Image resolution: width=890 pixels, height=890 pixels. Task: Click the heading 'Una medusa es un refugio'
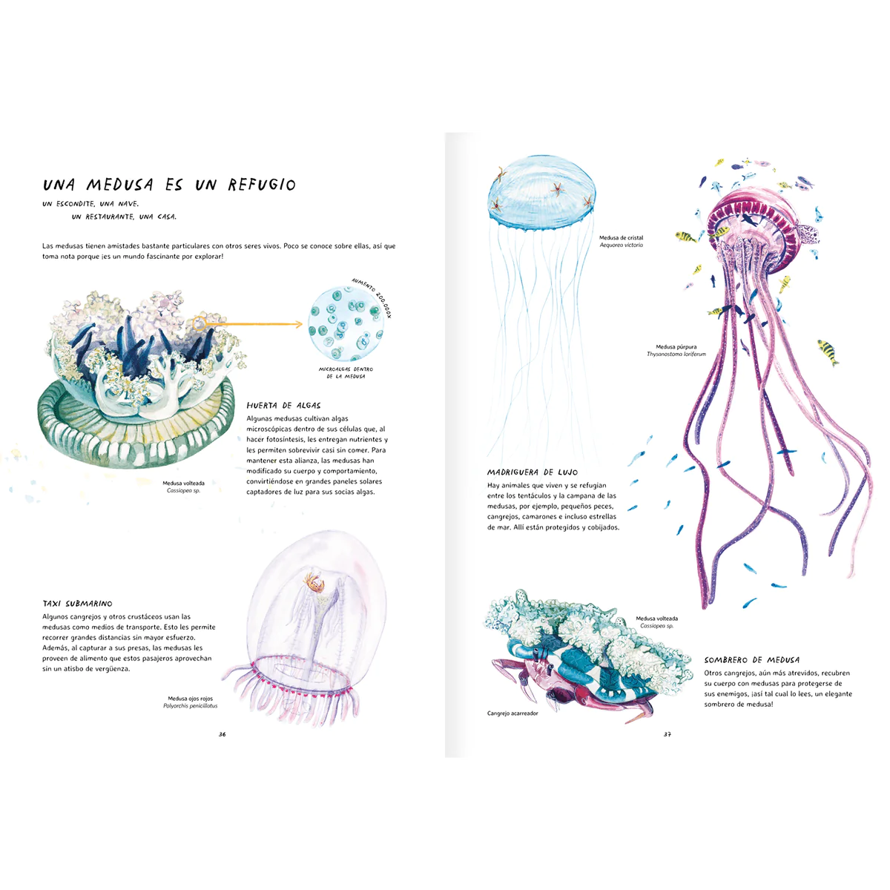(x=169, y=185)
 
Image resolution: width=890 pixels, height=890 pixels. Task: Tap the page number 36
(x=222, y=734)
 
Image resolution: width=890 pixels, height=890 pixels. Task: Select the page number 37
(x=667, y=734)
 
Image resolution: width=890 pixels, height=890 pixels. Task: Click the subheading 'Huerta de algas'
(x=283, y=406)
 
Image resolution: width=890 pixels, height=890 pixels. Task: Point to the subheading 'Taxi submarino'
(x=77, y=604)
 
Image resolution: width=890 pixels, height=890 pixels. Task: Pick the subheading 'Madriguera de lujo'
(x=532, y=472)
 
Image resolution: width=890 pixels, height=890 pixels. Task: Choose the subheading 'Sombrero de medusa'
(x=751, y=660)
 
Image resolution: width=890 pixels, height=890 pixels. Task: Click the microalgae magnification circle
(x=346, y=325)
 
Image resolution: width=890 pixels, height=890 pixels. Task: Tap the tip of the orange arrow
(x=302, y=324)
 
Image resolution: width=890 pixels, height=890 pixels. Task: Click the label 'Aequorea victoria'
(x=621, y=245)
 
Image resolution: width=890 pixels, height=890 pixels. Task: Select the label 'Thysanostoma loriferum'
(x=676, y=355)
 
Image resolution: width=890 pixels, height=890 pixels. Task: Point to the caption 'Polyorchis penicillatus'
(x=190, y=706)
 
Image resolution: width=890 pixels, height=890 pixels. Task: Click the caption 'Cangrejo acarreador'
(x=512, y=713)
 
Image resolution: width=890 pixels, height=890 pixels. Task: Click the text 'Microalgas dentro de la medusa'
(x=346, y=372)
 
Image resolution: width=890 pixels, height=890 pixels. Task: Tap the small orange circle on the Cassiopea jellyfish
(x=198, y=323)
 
